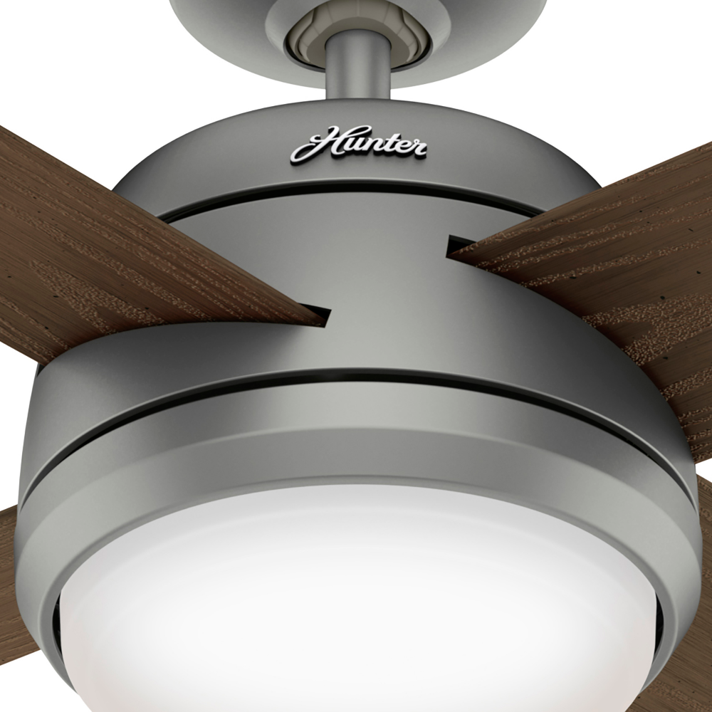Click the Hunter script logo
coord(359,144)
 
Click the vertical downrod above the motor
coord(358,68)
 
